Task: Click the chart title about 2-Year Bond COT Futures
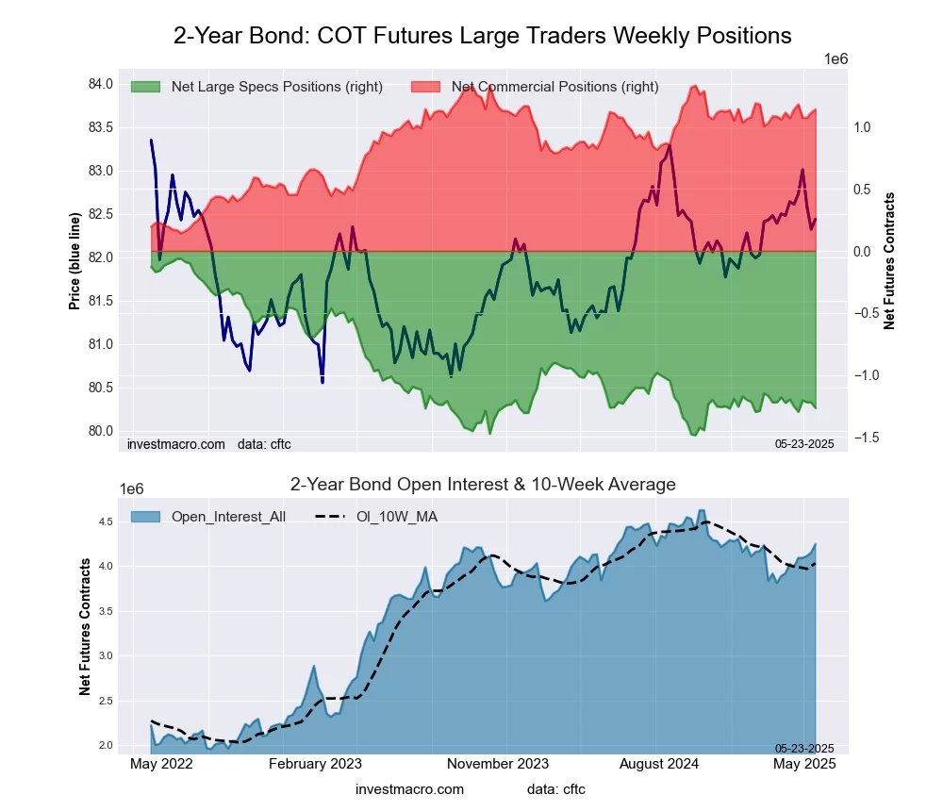click(482, 36)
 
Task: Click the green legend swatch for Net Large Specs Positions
click(144, 87)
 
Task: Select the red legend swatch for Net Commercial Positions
click(425, 87)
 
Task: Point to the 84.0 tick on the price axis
click(100, 85)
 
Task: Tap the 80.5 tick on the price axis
click(100, 388)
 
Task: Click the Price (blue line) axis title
click(74, 261)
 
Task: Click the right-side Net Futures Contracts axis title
click(888, 261)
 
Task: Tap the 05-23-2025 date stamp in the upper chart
click(804, 443)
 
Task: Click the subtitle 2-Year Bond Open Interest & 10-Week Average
click(482, 485)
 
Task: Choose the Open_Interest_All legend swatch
click(144, 516)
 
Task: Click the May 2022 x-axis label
click(161, 765)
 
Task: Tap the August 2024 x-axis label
click(660, 765)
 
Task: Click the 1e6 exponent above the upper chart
click(835, 58)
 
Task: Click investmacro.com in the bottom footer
click(409, 788)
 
